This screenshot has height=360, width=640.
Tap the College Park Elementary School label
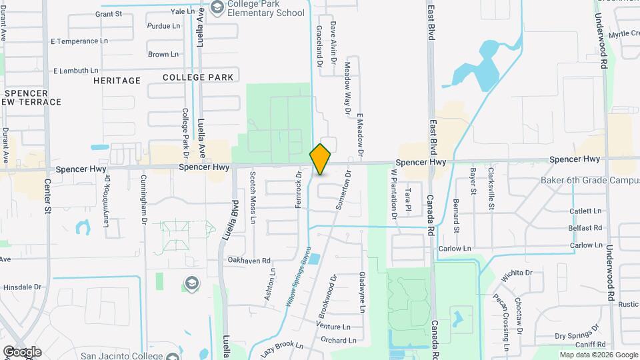(265, 8)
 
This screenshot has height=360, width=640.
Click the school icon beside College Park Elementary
(217, 7)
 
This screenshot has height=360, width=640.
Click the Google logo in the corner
(22, 351)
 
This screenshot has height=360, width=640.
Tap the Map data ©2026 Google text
(598, 355)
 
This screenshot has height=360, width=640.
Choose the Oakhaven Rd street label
(249, 261)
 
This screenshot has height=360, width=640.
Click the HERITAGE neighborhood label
(117, 80)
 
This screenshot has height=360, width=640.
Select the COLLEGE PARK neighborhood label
(198, 77)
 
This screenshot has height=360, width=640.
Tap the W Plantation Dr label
(394, 193)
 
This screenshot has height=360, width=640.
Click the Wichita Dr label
(519, 273)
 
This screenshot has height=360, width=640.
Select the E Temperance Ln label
(79, 41)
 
